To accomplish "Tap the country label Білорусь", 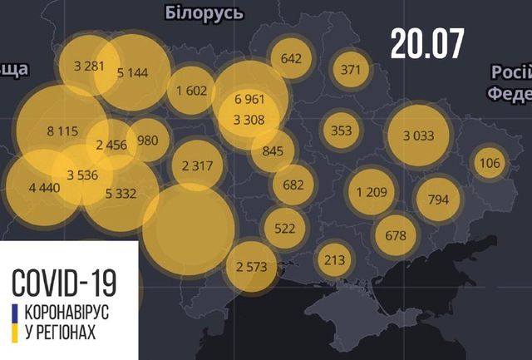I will tap(204, 12).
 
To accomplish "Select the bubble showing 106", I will tap(490, 162).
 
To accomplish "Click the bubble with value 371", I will tap(351, 69).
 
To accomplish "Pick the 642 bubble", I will tap(291, 58).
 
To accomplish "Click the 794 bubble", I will tap(438, 200).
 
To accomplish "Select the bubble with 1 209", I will tap(372, 193).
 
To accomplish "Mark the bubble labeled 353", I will tap(342, 131).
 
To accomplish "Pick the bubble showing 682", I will tap(293, 184).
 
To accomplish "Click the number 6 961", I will tap(249, 99).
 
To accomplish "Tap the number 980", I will tap(147, 140).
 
